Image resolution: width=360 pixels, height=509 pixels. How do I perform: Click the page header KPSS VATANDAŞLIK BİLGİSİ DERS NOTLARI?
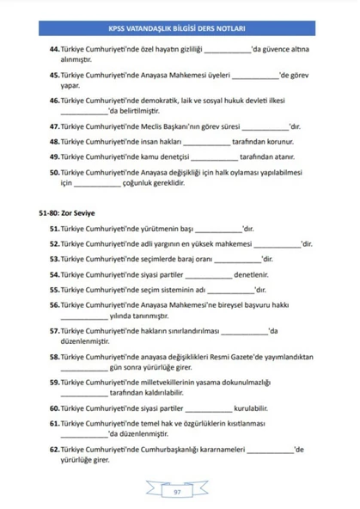[180, 26]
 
